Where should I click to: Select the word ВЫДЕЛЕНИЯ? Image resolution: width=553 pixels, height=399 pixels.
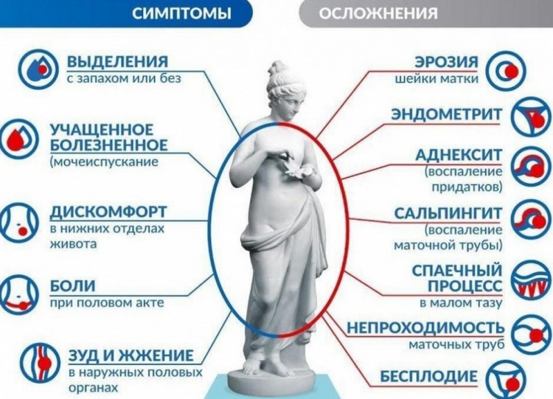pyautogui.click(x=117, y=61)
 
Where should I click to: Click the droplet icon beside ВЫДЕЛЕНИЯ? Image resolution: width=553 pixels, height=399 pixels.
pyautogui.click(x=38, y=70)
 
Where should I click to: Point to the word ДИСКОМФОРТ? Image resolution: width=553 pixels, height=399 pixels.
pyautogui.click(x=108, y=212)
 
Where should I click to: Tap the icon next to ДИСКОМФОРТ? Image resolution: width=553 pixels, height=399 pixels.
pyautogui.click(x=18, y=222)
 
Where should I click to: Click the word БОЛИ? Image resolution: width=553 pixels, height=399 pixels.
pyautogui.click(x=73, y=285)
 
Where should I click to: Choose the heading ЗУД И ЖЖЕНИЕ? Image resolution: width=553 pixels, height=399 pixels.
pyautogui.click(x=131, y=355)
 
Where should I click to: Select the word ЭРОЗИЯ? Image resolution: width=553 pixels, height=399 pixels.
pyautogui.click(x=446, y=61)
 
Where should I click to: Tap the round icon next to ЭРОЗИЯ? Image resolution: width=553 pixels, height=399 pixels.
pyautogui.click(x=506, y=70)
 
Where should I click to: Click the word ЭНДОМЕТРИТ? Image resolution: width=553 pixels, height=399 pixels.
pyautogui.click(x=446, y=114)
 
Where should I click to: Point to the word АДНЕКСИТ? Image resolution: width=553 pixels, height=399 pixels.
pyautogui.click(x=459, y=155)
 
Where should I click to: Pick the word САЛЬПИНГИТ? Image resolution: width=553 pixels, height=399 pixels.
pyautogui.click(x=448, y=213)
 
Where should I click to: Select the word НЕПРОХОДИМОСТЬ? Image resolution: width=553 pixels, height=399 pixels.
pyautogui.click(x=425, y=327)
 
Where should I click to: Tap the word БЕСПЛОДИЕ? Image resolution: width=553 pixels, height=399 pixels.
pyautogui.click(x=428, y=376)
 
